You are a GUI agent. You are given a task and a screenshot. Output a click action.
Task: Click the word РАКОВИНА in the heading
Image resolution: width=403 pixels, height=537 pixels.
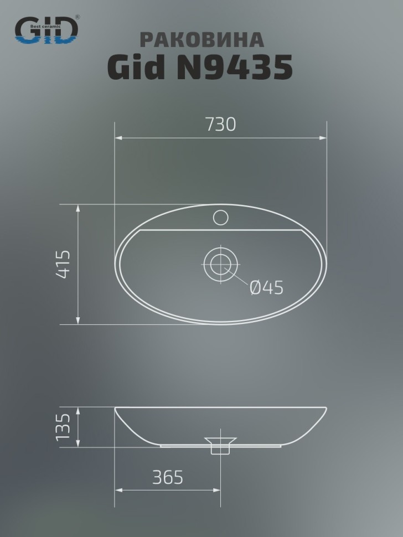[201, 40]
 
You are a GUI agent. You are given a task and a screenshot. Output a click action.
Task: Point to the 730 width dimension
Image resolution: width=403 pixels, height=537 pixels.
[220, 124]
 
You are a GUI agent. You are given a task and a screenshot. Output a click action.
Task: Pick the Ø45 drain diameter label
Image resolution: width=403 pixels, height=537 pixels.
[266, 287]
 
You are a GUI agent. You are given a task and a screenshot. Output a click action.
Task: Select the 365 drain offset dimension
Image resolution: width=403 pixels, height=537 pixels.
[167, 477]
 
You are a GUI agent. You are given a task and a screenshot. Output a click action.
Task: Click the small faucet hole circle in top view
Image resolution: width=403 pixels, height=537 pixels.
[220, 218]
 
